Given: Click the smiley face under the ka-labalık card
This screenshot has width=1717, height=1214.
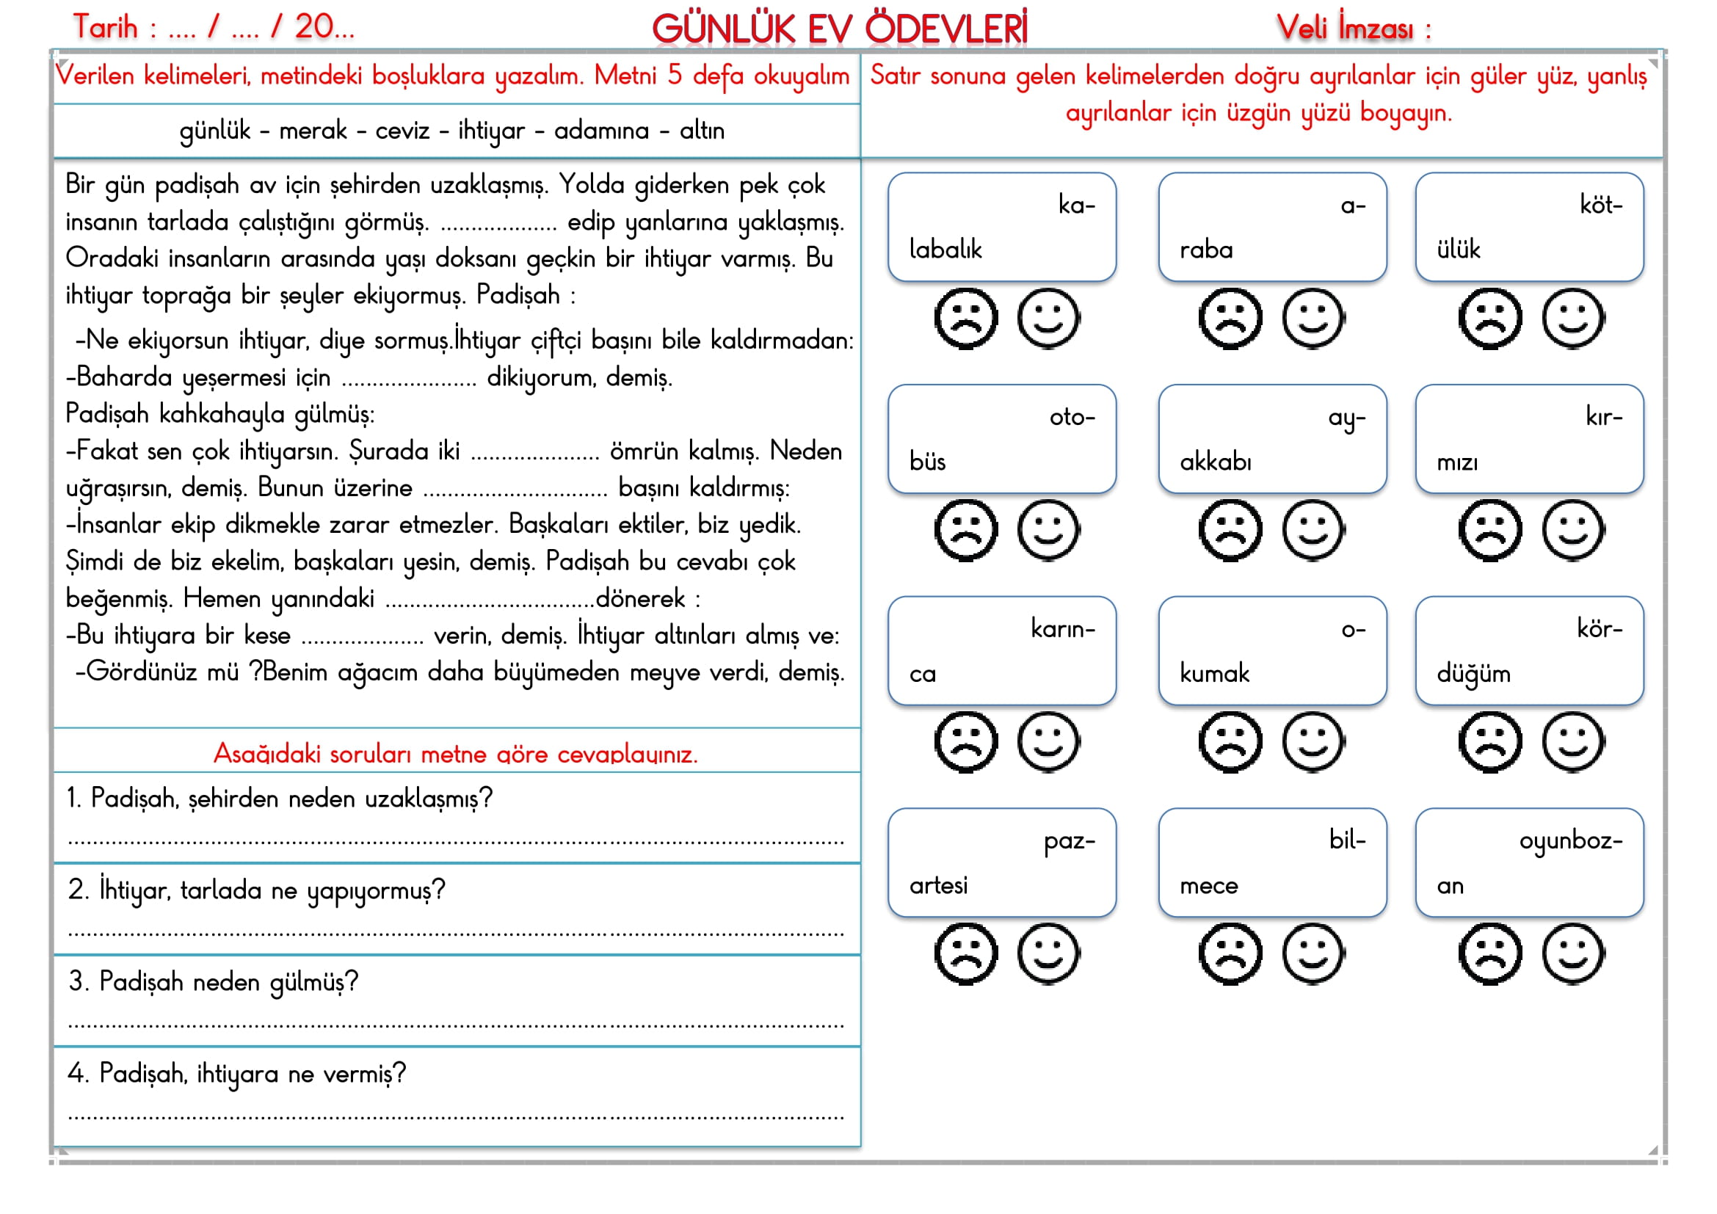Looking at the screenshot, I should click(1048, 319).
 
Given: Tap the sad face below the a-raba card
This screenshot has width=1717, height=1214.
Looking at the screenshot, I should click(1230, 319).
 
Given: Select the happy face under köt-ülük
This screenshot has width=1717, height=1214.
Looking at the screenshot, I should click(1572, 319).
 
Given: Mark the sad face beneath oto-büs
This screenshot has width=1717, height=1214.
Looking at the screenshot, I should click(965, 530).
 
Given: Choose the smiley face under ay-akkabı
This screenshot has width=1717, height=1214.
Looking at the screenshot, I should click(1313, 530).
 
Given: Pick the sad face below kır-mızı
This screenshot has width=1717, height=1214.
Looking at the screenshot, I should click(1489, 530).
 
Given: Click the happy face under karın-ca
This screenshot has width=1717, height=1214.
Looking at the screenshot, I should click(1048, 741).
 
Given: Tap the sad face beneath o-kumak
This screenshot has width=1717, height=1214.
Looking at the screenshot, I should click(1230, 741).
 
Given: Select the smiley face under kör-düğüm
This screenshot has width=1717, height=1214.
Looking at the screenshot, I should click(1572, 741).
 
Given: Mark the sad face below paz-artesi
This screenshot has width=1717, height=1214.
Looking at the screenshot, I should click(965, 953).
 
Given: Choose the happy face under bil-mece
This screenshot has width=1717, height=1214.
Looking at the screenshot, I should click(1313, 953).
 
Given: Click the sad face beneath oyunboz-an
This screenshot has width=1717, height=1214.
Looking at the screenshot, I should click(1489, 953).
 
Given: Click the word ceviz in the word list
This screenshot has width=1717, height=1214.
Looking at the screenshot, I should click(402, 131).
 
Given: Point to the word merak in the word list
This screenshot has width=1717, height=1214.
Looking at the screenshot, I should click(313, 131).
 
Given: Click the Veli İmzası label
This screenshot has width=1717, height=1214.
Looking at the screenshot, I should click(1353, 29).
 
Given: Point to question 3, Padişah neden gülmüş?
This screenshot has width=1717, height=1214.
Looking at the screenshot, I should click(214, 981).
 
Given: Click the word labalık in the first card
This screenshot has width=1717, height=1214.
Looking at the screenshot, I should click(945, 249).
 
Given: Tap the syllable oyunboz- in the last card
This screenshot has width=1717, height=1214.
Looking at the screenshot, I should click(1570, 841).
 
